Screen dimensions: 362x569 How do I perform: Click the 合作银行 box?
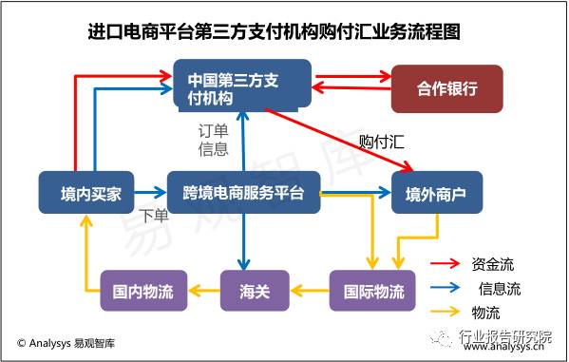tap(446, 88)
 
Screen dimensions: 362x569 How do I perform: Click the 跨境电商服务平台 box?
tap(243, 193)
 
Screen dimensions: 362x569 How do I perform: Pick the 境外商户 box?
tap(436, 193)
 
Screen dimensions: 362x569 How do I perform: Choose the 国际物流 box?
tap(372, 291)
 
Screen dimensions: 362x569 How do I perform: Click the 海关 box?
tap(251, 291)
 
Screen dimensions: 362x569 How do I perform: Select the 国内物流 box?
tap(142, 291)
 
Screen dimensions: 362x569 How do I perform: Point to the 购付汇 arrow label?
tap(383, 142)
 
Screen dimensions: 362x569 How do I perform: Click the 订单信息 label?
tap(213, 139)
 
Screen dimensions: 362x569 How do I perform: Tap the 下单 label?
tap(154, 216)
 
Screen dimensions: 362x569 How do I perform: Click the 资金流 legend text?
tap(492, 264)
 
